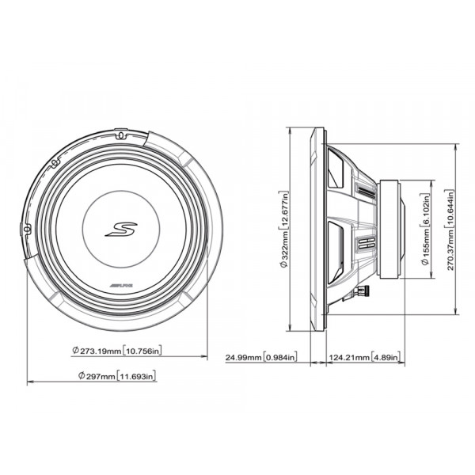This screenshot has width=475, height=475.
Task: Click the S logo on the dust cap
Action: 121,229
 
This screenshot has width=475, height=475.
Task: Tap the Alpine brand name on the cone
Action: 121,285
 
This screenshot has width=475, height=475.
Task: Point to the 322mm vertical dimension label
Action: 284,230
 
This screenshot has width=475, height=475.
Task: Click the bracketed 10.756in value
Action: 142,351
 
